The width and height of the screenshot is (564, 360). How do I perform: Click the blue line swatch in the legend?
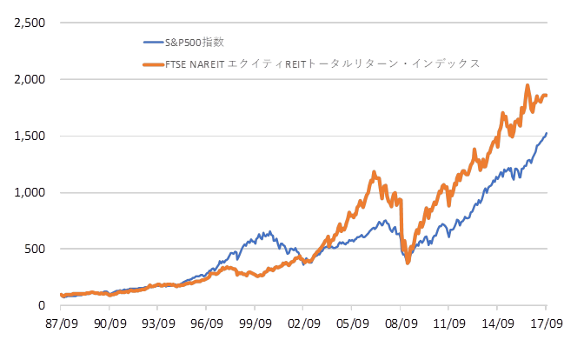pyautogui.click(x=154, y=41)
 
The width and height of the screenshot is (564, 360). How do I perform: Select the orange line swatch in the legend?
pyautogui.click(x=154, y=64)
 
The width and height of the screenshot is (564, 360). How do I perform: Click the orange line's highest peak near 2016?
pyautogui.click(x=528, y=86)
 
